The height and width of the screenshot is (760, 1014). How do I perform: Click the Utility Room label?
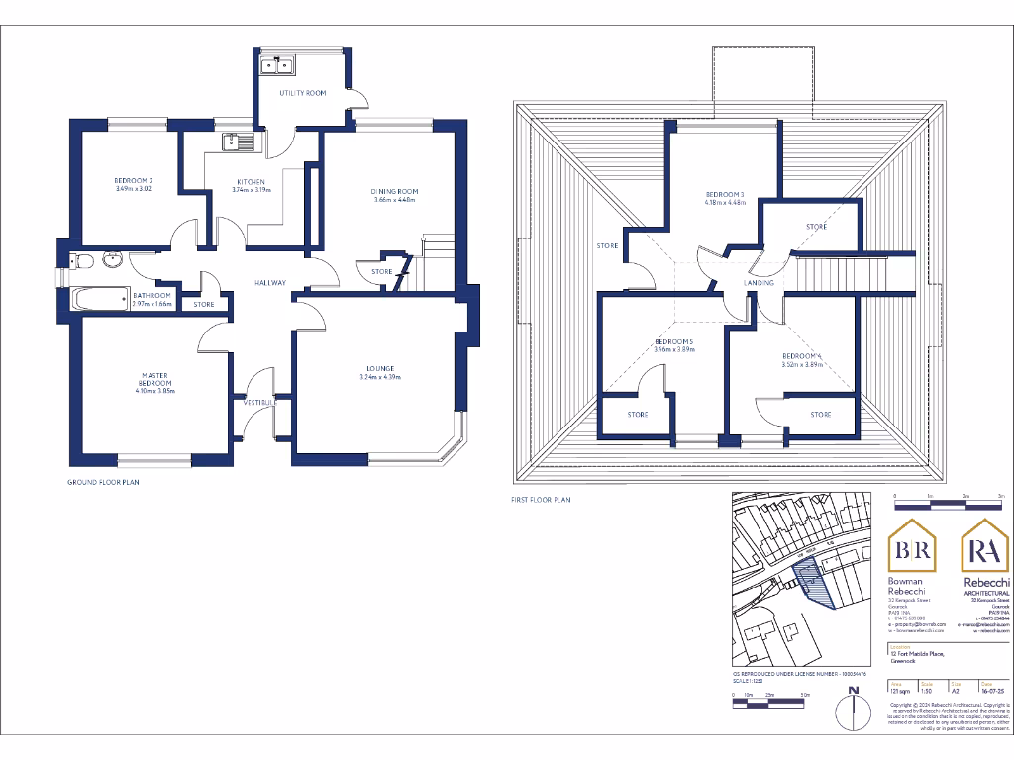tap(302, 93)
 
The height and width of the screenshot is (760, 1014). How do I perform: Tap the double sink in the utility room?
tap(276, 66)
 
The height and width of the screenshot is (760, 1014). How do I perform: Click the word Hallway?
tap(270, 283)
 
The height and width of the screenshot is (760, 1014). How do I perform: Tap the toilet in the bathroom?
tap(82, 261)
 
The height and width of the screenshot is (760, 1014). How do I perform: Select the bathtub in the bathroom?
tap(99, 296)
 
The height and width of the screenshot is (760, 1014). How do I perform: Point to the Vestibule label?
tap(259, 403)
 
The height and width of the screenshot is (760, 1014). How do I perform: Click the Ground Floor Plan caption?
tap(103, 483)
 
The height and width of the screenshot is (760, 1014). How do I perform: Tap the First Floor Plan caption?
tap(541, 500)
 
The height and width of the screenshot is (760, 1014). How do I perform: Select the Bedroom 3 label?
tap(723, 194)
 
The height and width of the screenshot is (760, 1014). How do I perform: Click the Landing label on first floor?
tap(759, 284)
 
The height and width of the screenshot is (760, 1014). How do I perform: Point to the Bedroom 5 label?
tap(673, 341)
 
